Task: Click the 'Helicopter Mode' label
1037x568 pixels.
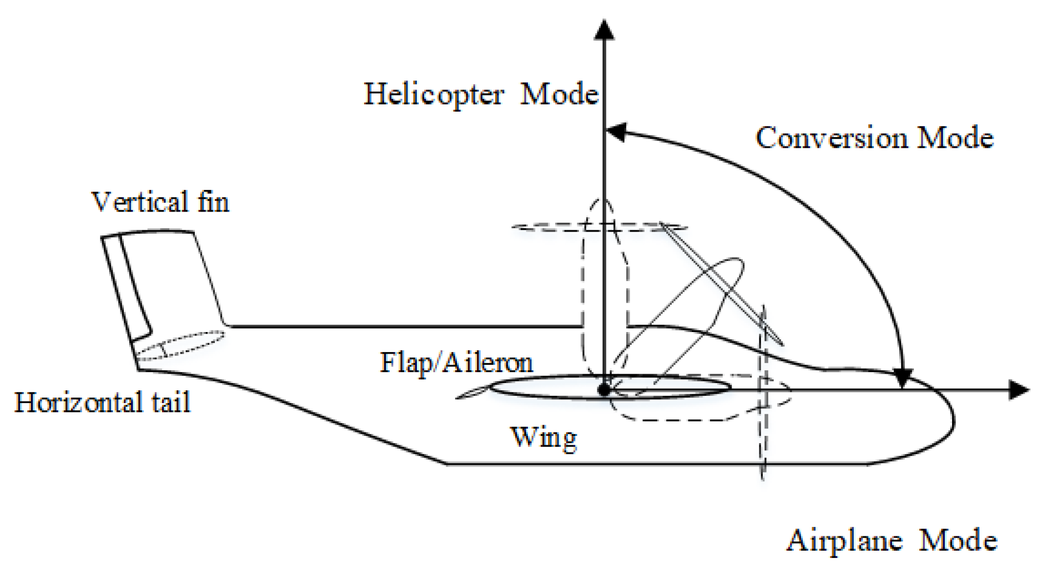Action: click(481, 94)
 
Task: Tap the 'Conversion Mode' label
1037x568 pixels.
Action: click(874, 138)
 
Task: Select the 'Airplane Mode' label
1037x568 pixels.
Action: click(891, 540)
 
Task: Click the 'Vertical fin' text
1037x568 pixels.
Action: click(160, 202)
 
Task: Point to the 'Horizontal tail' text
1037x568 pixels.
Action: click(102, 403)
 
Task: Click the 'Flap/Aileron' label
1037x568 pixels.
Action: click(456, 363)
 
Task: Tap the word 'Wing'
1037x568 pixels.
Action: click(543, 438)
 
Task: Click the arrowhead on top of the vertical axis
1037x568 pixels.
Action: click(604, 30)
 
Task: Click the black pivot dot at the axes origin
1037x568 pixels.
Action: click(605, 390)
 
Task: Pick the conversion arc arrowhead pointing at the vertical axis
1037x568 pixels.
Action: click(616, 132)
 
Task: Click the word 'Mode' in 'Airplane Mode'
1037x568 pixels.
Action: click(958, 540)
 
